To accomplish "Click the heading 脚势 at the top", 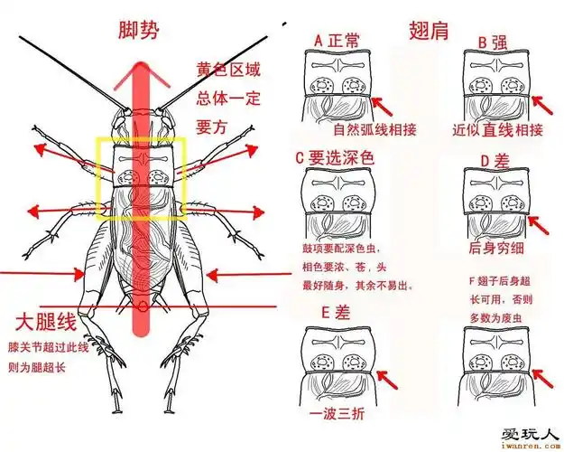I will (x=139, y=31).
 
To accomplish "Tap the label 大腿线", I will (x=45, y=322).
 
